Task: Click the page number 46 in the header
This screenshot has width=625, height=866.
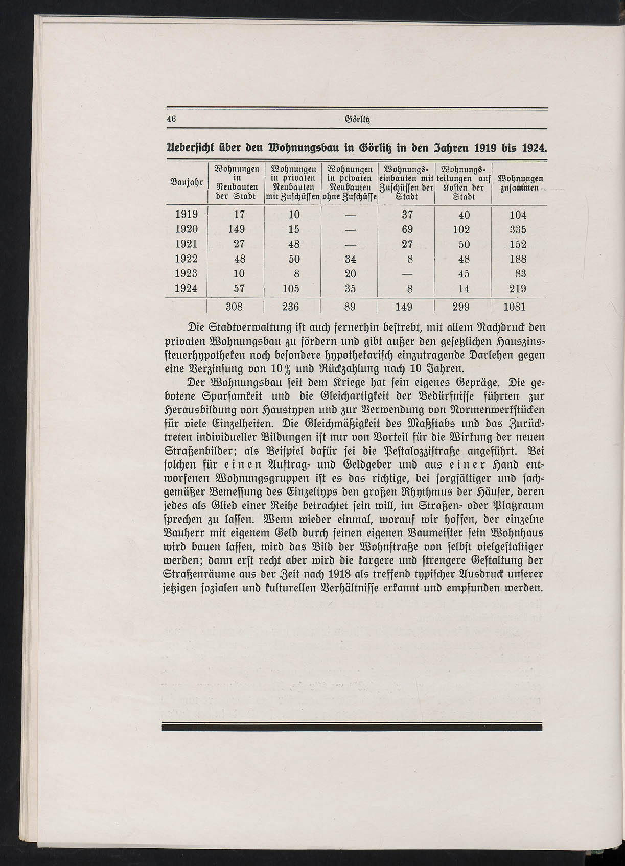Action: (171, 119)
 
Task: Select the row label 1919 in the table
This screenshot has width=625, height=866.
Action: (186, 215)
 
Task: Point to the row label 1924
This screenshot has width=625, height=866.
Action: (186, 288)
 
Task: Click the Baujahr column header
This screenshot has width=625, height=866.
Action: (186, 181)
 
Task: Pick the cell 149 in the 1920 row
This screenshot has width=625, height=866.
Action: (237, 229)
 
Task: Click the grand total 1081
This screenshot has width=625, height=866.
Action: (514, 307)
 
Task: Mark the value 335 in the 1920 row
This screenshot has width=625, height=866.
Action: (517, 229)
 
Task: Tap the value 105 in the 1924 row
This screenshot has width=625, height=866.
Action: (291, 288)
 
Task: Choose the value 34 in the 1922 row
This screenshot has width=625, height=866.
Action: (350, 259)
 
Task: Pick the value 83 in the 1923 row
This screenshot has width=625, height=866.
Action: (520, 274)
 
